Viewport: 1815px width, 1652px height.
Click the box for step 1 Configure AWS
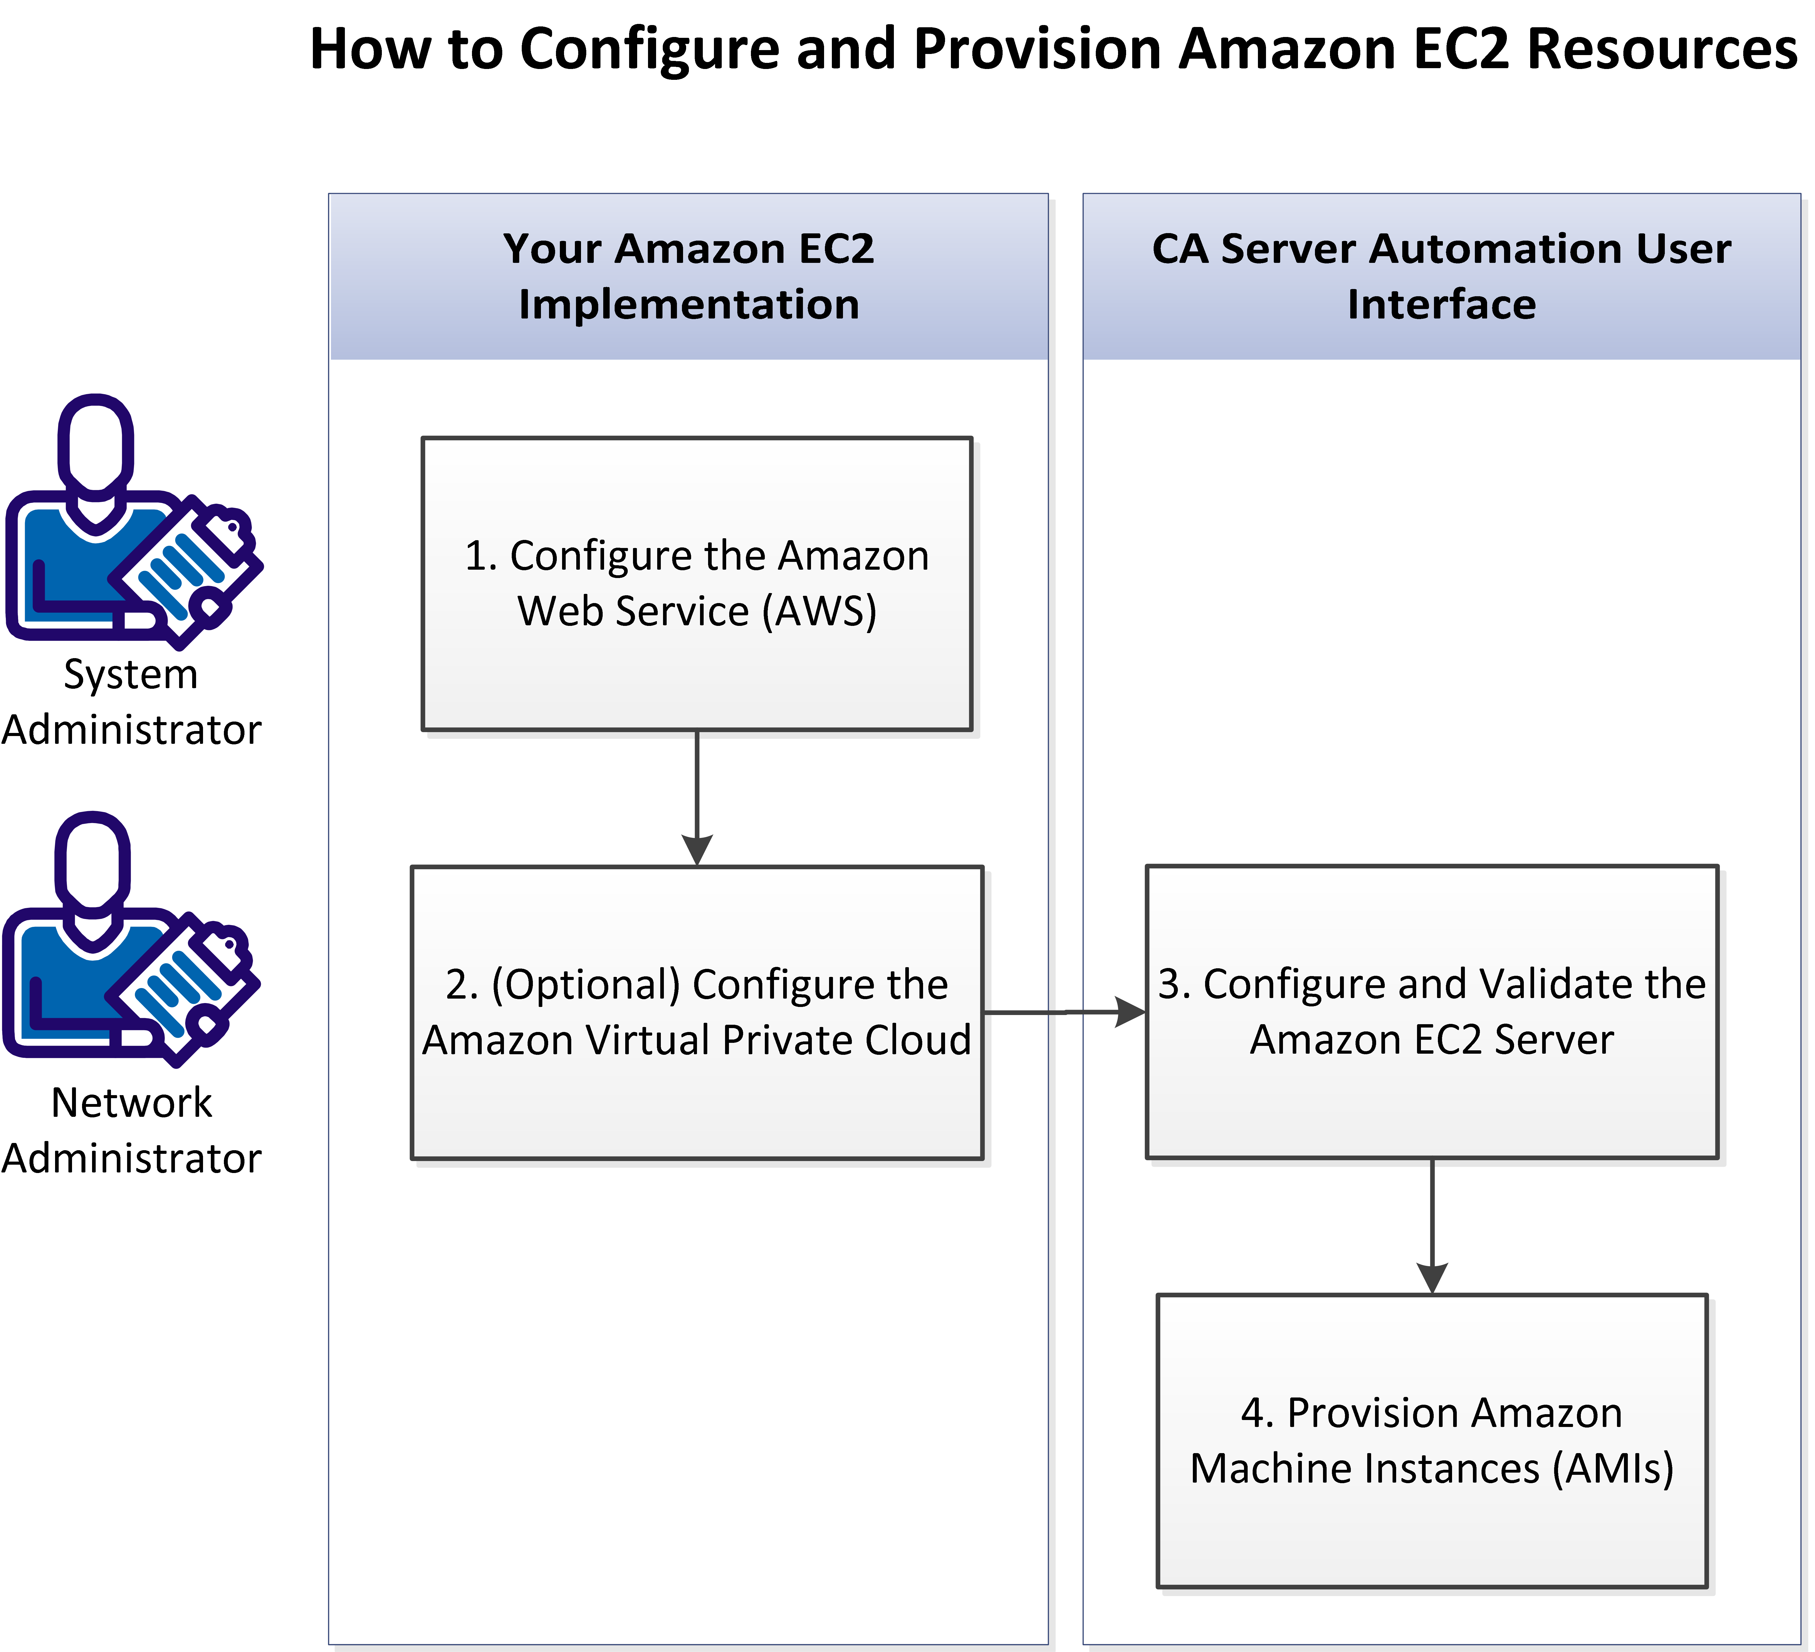(697, 583)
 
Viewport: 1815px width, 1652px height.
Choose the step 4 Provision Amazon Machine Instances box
(1431, 1440)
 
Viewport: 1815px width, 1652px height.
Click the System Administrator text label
(130, 702)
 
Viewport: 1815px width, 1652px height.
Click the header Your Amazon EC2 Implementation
(689, 276)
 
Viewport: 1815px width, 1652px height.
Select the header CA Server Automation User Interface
(1441, 276)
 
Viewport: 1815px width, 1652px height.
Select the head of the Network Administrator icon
(93, 864)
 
